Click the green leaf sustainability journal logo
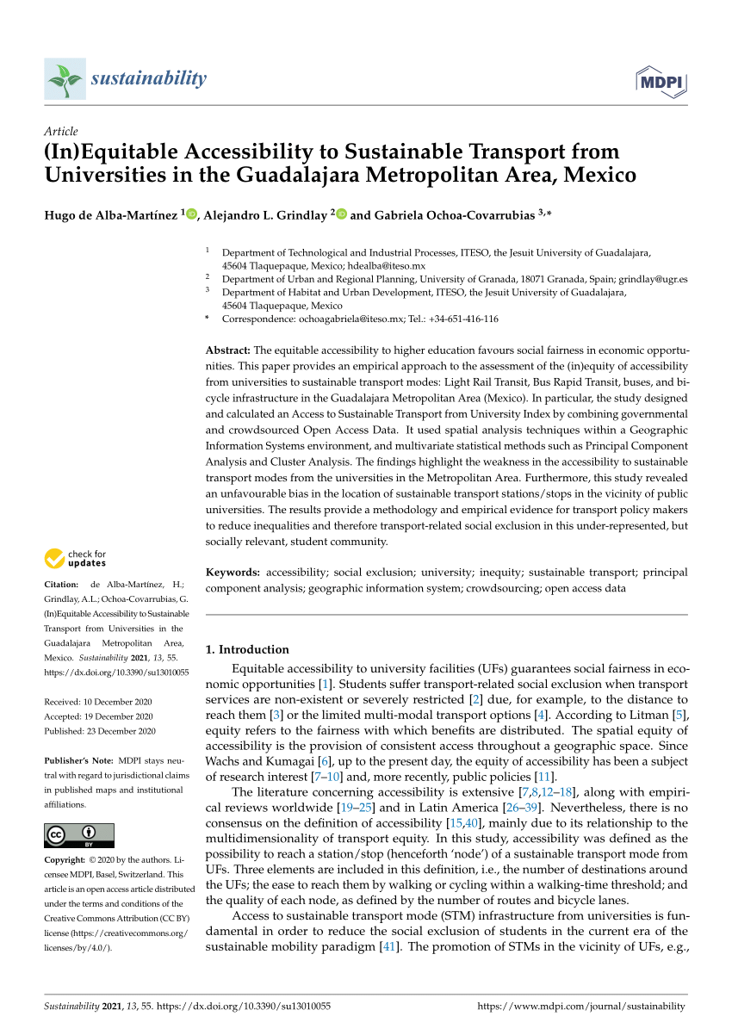[x=65, y=80]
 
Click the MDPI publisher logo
[x=660, y=82]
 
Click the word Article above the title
[x=60, y=131]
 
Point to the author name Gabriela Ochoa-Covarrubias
[x=442, y=215]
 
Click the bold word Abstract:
[x=228, y=350]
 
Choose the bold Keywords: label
[x=233, y=572]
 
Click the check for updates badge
[x=75, y=558]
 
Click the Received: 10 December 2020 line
[x=98, y=701]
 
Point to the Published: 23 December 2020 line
[x=100, y=731]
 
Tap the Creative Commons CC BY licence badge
[x=78, y=835]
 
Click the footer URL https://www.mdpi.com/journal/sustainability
[x=581, y=1006]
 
